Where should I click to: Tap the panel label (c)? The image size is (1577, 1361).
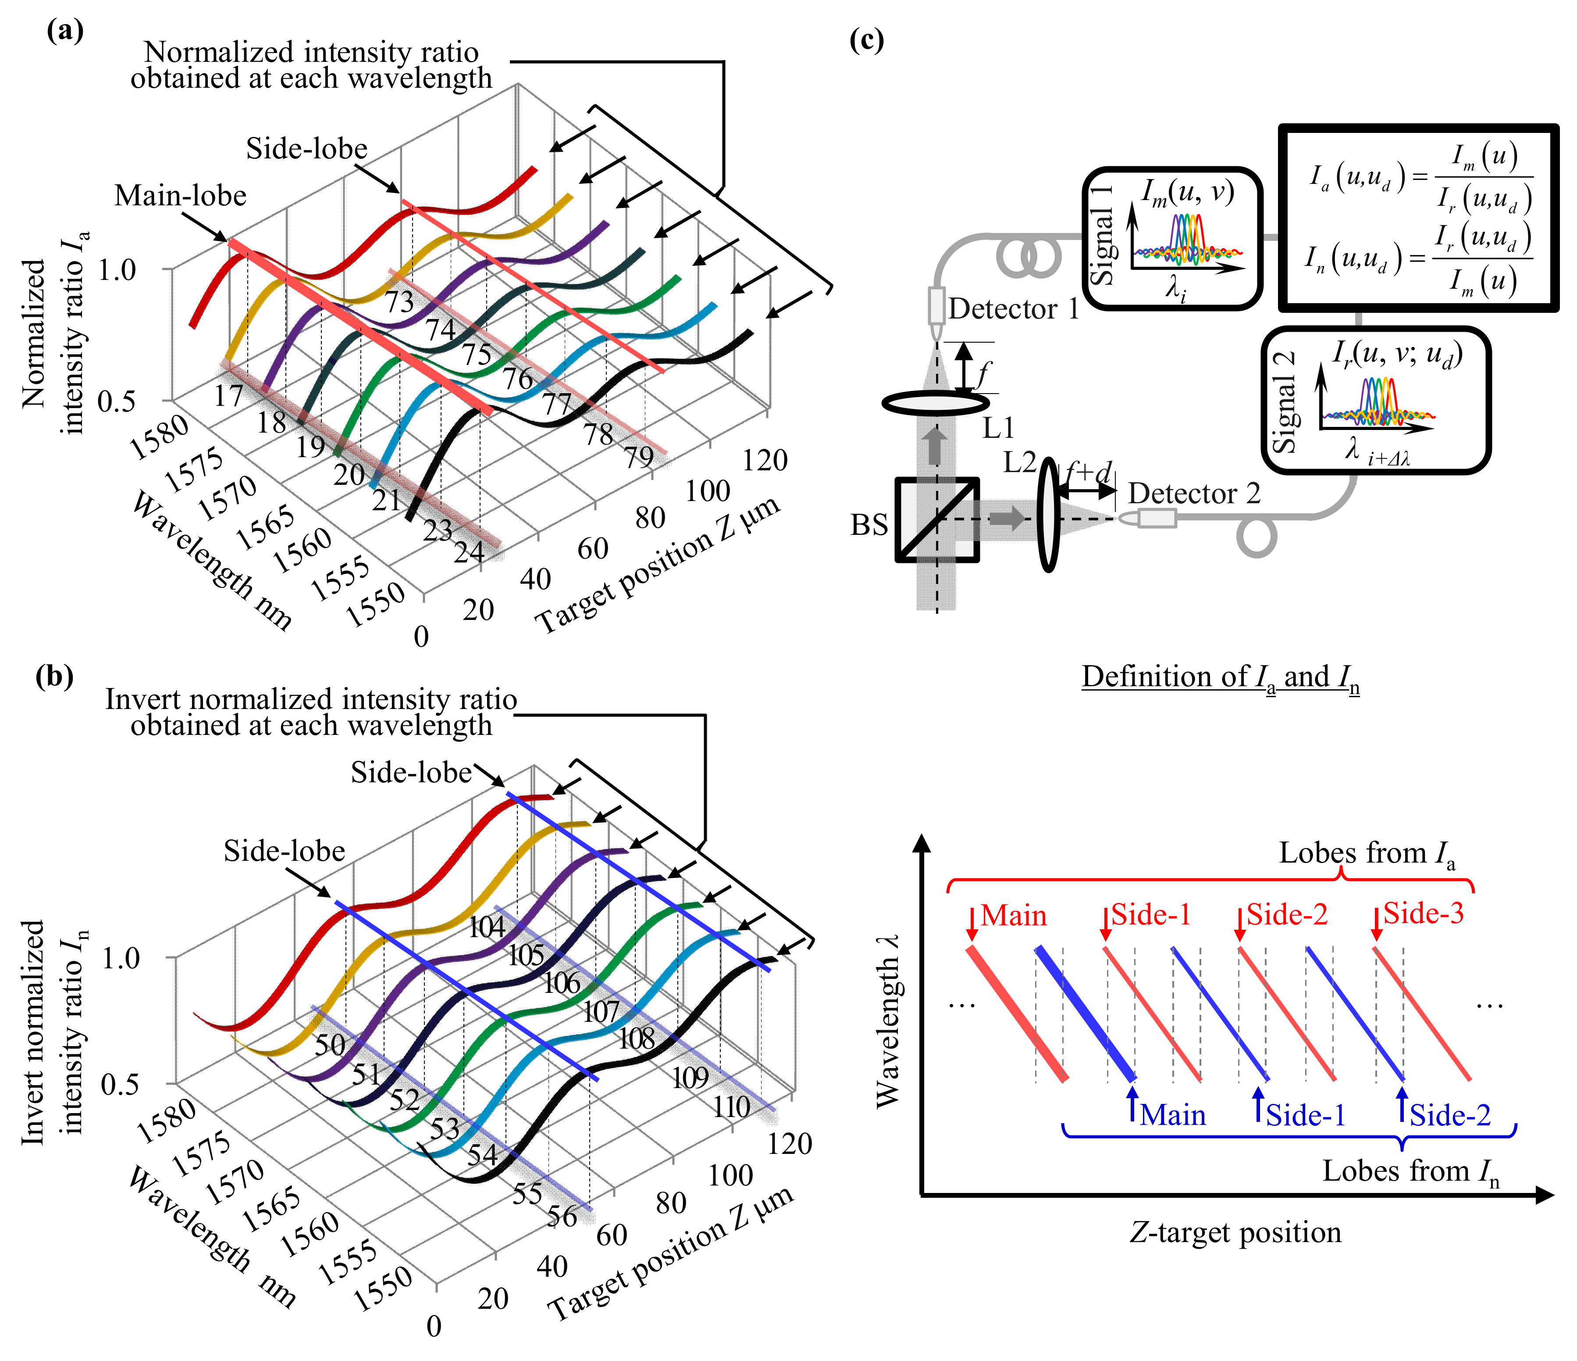tap(866, 39)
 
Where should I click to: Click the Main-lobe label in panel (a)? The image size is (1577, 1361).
tap(180, 196)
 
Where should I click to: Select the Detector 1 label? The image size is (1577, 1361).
tap(1014, 308)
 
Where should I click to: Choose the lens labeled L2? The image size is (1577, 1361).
tap(1049, 515)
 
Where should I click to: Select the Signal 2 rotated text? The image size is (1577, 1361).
tap(1285, 402)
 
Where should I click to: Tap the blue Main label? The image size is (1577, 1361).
tap(1172, 1115)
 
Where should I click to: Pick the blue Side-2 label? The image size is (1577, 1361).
tap(1449, 1115)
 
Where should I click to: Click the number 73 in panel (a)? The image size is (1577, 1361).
tap(399, 302)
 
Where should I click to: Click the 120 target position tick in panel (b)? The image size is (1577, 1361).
tap(790, 1143)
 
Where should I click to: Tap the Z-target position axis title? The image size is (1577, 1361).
tap(1235, 1232)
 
